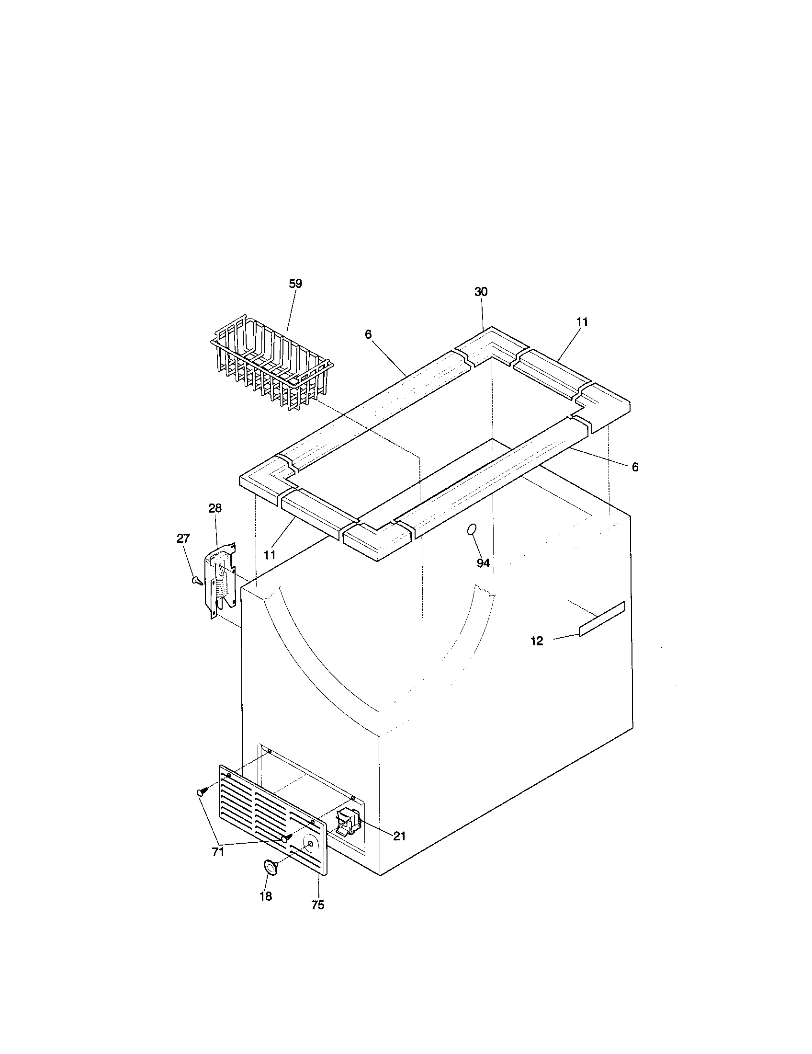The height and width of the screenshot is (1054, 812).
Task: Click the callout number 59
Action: (x=295, y=284)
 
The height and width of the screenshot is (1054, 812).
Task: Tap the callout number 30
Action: (x=481, y=291)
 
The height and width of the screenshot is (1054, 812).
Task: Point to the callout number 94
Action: (x=483, y=563)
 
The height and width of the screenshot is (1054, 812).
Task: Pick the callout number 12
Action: (x=537, y=641)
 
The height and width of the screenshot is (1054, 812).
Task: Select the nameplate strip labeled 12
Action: (x=602, y=619)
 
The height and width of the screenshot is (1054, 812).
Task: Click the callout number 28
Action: (x=215, y=508)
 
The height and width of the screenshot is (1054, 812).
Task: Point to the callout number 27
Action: (x=183, y=538)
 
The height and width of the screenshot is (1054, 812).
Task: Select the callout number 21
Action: (x=399, y=836)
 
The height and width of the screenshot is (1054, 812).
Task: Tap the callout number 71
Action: (x=218, y=852)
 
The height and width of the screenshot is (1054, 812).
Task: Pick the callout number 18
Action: (x=266, y=896)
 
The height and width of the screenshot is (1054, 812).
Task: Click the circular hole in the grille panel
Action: (x=310, y=844)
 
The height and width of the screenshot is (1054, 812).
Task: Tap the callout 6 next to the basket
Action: (x=368, y=334)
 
